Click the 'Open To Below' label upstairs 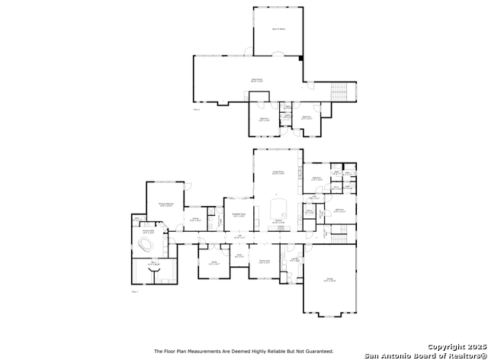coord(278,29)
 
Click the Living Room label coord(278,175)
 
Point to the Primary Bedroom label coord(167,204)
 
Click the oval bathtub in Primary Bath coord(146,245)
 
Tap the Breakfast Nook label coord(238,215)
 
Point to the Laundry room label coord(294,260)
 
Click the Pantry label coord(310,211)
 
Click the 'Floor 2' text coord(197,110)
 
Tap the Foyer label coord(239,256)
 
